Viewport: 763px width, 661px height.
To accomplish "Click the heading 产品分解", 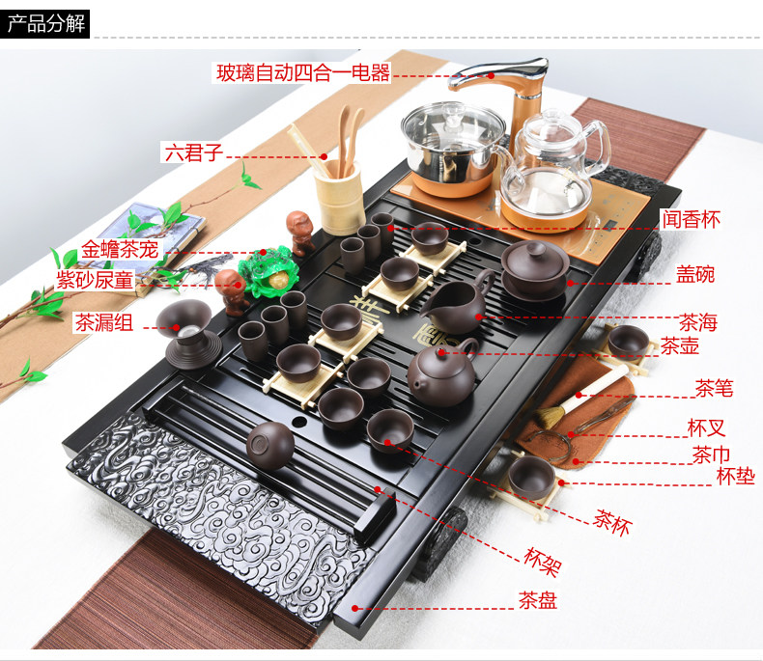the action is (x=46, y=23).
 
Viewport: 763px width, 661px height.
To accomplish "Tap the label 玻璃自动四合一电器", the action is (x=302, y=72).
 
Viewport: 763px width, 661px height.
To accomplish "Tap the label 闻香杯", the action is (x=691, y=219).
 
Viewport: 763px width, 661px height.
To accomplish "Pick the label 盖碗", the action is (x=695, y=274).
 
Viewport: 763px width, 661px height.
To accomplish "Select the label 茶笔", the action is (x=714, y=389).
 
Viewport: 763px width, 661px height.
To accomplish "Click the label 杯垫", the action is (x=735, y=476).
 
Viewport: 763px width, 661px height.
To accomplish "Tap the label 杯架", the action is (x=543, y=557).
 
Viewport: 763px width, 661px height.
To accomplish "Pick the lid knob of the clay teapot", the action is (x=441, y=349).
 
